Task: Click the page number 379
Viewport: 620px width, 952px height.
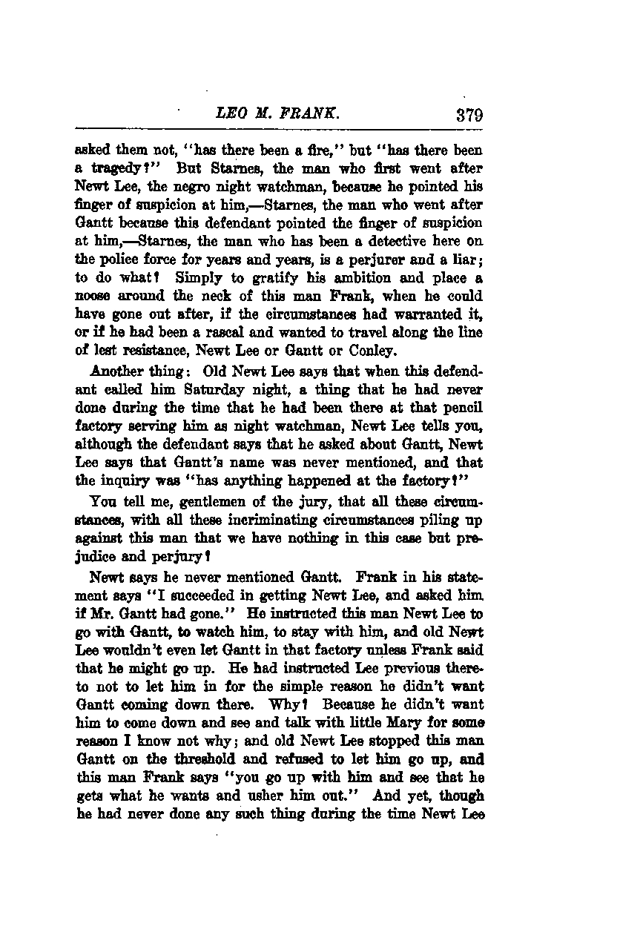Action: click(x=464, y=116)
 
